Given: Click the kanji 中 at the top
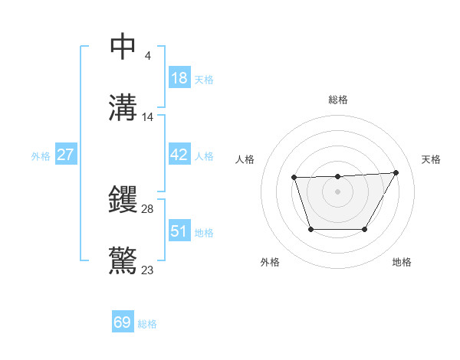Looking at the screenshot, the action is pos(123,47).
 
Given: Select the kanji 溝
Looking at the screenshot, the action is pos(123,108).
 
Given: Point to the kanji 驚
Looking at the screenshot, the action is pos(123,261).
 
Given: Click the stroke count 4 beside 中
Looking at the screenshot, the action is pos(148,55).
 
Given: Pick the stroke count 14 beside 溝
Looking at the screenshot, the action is pos(148,117).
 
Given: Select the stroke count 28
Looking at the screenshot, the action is pos(148,208).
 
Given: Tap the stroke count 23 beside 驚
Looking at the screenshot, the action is pos(148,270).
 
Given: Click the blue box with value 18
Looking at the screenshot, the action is pos(179,77).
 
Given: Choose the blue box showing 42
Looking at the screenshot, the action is pos(179,155).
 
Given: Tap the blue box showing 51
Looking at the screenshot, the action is pos(179,231).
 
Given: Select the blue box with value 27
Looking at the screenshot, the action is pos(65,155).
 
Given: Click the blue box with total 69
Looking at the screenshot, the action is pos(123,322).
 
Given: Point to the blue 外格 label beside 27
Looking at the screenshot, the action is pos(41,156).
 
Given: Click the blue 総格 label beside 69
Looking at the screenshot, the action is pos(147,324).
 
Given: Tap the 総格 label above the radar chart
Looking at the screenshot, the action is pos(337,100).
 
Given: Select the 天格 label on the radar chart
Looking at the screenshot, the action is pos(431,159).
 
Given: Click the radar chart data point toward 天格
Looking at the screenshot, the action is pos(396,172).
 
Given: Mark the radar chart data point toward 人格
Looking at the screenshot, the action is pos(294,178).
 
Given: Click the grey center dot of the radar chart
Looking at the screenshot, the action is pos(337,191).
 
